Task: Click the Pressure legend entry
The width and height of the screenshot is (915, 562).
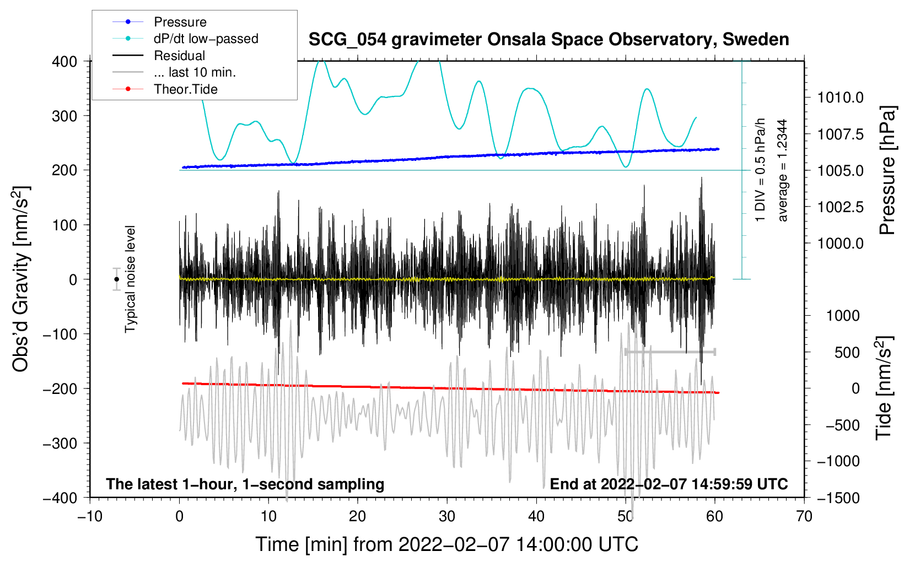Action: [x=180, y=22]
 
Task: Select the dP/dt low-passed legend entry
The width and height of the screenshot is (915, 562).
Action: [x=206, y=39]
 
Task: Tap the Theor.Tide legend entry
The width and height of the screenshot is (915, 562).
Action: [x=185, y=89]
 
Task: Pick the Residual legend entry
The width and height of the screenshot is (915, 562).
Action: [x=179, y=56]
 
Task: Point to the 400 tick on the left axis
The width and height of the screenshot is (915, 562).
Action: [x=64, y=62]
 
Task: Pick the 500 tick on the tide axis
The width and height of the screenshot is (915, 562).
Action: [x=847, y=352]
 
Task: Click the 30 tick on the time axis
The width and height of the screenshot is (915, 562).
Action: [x=447, y=516]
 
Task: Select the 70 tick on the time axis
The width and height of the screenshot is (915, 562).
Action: [x=804, y=516]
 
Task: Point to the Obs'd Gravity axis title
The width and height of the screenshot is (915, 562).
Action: [x=21, y=279]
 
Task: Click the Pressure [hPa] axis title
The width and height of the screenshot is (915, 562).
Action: [x=887, y=171]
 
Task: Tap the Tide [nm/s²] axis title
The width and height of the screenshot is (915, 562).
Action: [x=884, y=388]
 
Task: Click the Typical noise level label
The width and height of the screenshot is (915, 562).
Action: [x=130, y=279]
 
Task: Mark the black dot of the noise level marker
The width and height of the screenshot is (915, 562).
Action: [x=116, y=279]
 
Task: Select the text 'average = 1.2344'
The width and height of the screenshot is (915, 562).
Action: [x=783, y=171]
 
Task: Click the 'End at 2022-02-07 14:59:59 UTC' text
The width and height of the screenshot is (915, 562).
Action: [x=669, y=484]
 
